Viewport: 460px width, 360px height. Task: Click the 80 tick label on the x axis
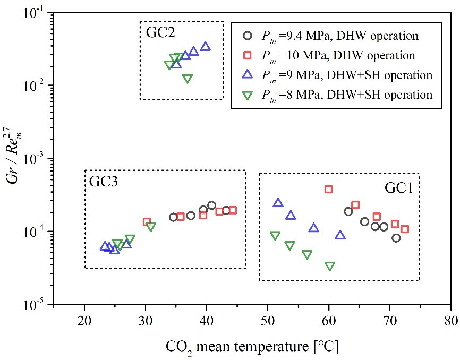tap(451, 322)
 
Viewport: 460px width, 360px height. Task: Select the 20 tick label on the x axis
tap(84, 322)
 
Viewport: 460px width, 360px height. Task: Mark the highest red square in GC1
tap(328, 189)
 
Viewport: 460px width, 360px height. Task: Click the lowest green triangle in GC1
tap(330, 267)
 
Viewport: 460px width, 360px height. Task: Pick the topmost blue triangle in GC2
tap(206, 47)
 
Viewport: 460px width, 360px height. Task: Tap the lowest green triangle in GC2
tap(188, 79)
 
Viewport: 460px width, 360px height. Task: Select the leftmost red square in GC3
tap(147, 222)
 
